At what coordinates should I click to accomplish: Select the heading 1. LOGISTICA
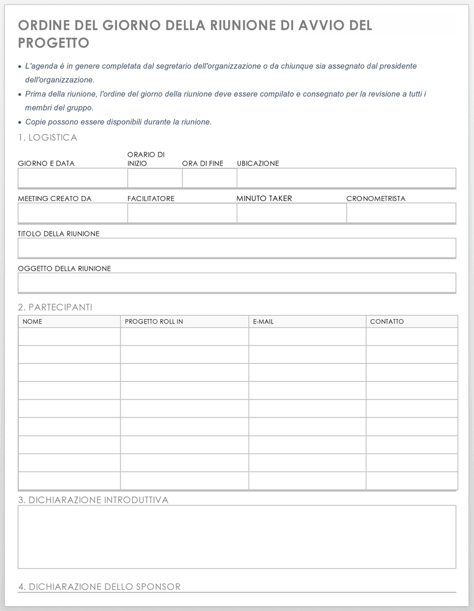(48, 138)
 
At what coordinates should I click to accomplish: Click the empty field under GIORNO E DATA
(73, 178)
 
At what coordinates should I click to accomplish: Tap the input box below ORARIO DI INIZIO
(155, 178)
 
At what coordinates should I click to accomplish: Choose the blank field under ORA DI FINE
(209, 178)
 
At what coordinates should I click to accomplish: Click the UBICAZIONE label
(258, 164)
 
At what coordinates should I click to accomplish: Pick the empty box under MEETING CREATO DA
(73, 213)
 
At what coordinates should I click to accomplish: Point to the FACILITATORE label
(151, 198)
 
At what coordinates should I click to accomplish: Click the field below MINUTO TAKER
(291, 213)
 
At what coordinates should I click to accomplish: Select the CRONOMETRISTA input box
(401, 213)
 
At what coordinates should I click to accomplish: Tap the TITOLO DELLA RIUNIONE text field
(237, 248)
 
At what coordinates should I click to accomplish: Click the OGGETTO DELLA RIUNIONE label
(65, 268)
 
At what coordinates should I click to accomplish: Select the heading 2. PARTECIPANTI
(55, 307)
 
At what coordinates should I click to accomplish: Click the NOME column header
(32, 322)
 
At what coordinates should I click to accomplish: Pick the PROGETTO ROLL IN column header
(154, 322)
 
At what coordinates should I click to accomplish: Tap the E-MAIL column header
(263, 322)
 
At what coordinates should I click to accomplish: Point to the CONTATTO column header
(387, 322)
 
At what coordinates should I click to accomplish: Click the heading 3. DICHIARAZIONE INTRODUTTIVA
(93, 500)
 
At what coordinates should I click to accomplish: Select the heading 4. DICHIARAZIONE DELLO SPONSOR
(99, 587)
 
